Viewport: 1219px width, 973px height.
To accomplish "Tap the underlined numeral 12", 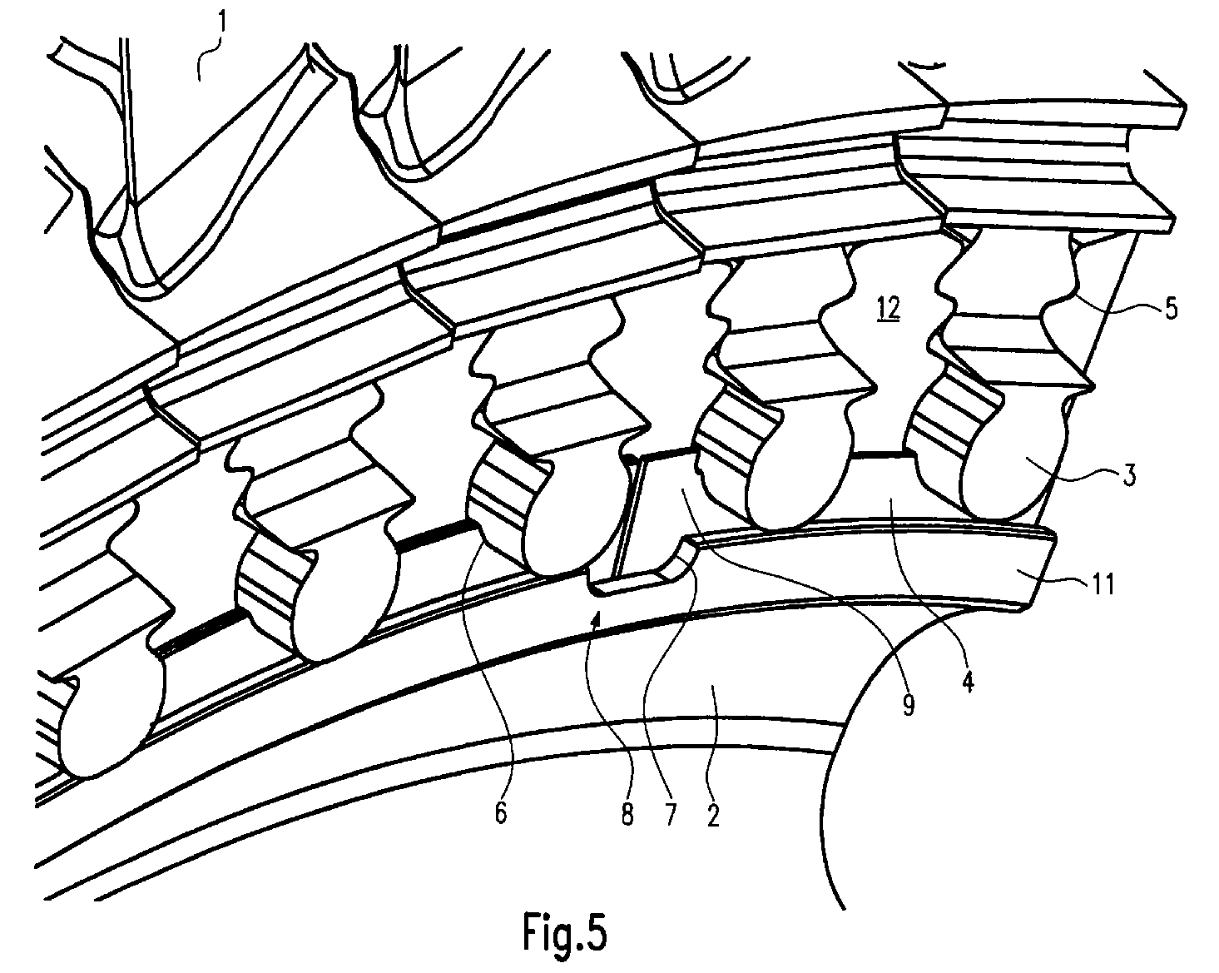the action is (888, 310).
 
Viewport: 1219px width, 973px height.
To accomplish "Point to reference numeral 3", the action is (1129, 475).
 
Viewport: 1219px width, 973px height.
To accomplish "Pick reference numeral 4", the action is (969, 681).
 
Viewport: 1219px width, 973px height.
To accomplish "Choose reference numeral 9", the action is (908, 704).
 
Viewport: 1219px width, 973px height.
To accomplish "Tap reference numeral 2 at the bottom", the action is (713, 816).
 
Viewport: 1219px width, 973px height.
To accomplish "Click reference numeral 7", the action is (670, 816).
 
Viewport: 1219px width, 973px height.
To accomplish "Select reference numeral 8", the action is (627, 816).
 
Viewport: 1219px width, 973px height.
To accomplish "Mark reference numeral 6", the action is (501, 814).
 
